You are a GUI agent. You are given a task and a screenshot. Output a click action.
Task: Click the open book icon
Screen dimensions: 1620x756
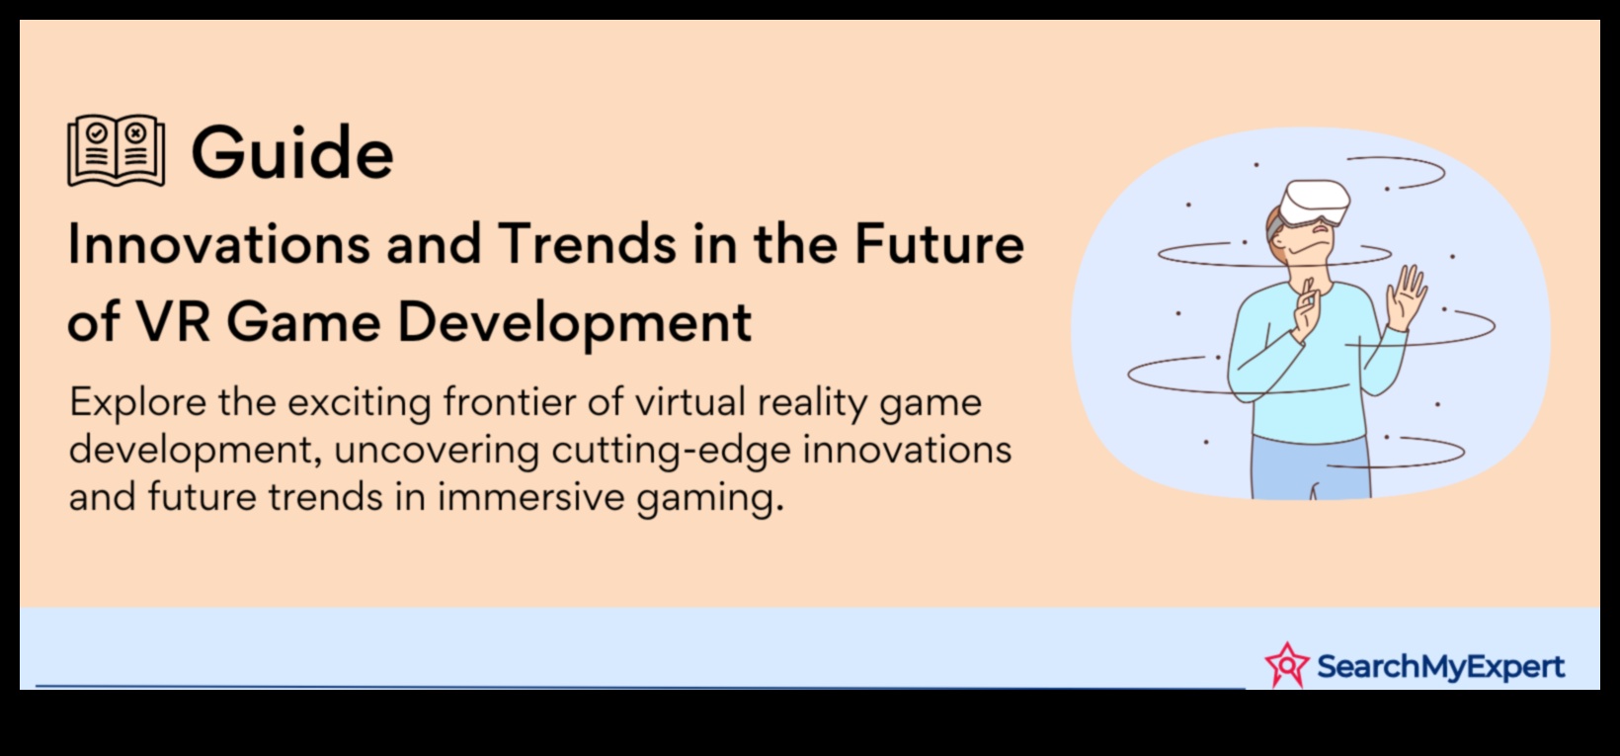116,150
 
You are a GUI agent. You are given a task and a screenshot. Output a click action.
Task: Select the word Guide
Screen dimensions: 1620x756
292,152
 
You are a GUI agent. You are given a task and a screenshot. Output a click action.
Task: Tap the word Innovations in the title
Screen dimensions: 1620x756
218,244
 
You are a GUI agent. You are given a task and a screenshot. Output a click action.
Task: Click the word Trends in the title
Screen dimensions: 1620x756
587,244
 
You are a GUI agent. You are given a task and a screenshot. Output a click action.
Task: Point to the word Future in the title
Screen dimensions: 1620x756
938,244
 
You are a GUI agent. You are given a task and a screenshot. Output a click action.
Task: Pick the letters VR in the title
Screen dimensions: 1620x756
174,321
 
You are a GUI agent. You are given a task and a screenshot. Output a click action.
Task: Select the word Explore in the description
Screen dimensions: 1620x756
137,402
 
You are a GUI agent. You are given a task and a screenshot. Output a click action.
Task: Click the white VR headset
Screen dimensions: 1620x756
1314,202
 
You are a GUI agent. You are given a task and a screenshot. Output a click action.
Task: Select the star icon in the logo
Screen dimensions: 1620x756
1286,664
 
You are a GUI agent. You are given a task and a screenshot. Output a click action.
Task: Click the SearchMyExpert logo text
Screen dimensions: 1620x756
1440,666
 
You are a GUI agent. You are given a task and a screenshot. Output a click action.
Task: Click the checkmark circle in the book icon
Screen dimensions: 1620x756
96,133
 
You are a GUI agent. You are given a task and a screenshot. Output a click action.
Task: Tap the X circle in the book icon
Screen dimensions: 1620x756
135,133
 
